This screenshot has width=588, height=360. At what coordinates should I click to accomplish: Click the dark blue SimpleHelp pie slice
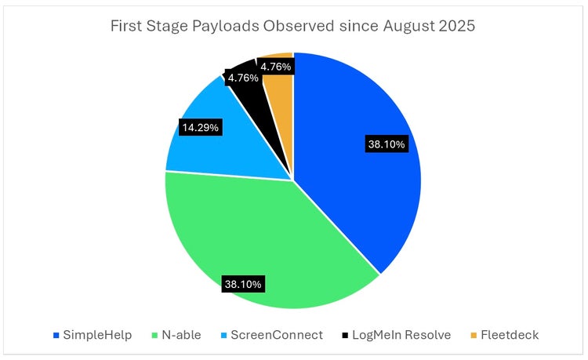353,188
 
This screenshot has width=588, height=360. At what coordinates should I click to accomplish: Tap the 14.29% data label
201,125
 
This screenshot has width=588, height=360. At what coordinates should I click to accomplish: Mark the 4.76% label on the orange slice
277,67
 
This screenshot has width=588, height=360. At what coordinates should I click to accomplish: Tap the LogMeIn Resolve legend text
401,335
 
